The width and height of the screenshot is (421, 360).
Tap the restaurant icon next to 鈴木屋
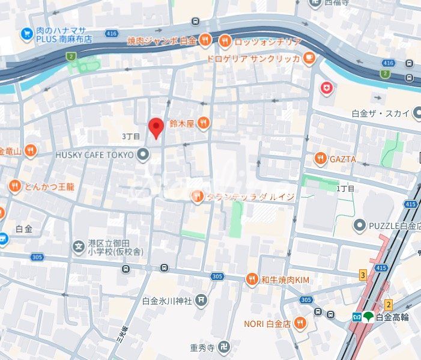204,123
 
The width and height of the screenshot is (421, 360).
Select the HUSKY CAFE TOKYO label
95,155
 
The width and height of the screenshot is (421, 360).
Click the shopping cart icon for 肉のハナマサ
26,34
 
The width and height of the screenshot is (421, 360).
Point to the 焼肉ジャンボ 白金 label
162,41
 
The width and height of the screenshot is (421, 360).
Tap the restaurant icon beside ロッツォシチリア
225,41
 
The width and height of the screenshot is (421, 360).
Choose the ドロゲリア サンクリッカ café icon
309,58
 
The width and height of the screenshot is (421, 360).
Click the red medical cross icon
326,88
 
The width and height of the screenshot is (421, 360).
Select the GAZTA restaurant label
342,159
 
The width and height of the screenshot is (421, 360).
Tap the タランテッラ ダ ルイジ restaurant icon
197,196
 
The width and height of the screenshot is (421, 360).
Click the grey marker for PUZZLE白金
359,226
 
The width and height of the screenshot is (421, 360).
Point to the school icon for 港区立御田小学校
78,246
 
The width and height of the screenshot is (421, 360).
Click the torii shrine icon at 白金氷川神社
201,300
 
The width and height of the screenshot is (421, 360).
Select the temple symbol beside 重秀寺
223,347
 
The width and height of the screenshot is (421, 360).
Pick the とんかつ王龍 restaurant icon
15,186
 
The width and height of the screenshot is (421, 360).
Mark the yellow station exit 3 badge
363,275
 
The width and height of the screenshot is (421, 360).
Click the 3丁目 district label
130,136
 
